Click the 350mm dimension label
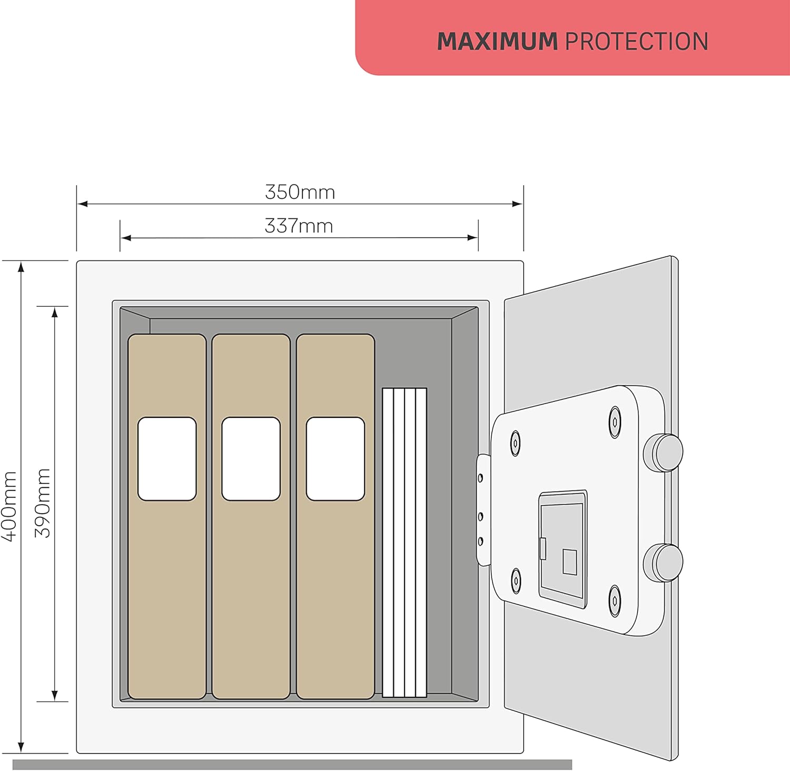(x=300, y=192)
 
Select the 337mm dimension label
(x=299, y=226)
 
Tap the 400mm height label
(x=10, y=506)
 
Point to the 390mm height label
(x=43, y=503)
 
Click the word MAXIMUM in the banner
(x=497, y=42)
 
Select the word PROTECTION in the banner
(x=637, y=42)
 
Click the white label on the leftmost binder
(x=167, y=459)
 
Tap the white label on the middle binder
(x=251, y=459)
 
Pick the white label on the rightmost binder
(x=335, y=459)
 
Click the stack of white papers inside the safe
(x=404, y=543)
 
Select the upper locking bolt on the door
(x=664, y=452)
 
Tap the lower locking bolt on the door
(x=664, y=563)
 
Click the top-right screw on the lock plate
(x=615, y=422)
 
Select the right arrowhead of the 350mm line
(x=517, y=204)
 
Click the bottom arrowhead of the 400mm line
(x=21, y=747)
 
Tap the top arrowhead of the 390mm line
(x=55, y=312)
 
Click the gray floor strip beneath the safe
(x=292, y=765)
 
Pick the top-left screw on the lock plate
(x=516, y=443)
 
